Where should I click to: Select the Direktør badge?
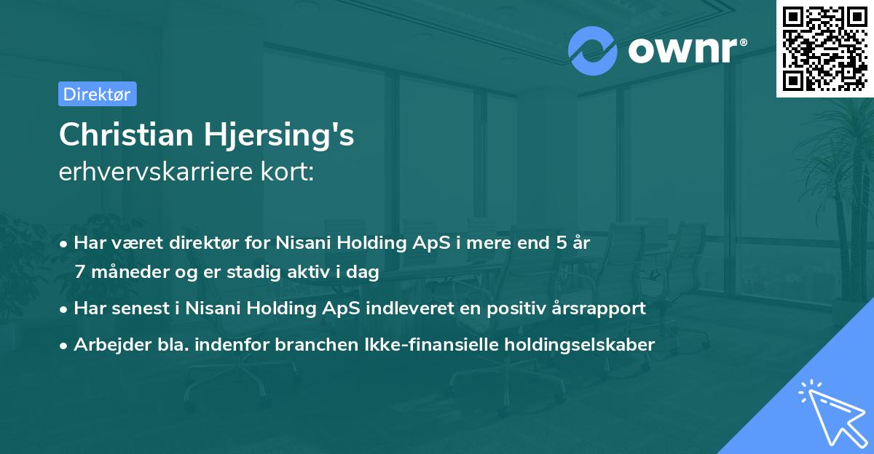[97, 94]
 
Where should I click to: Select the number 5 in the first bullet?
[562, 242]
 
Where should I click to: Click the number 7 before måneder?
[79, 272]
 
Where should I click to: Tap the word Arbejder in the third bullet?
[106, 344]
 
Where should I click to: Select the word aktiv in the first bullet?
[308, 272]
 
